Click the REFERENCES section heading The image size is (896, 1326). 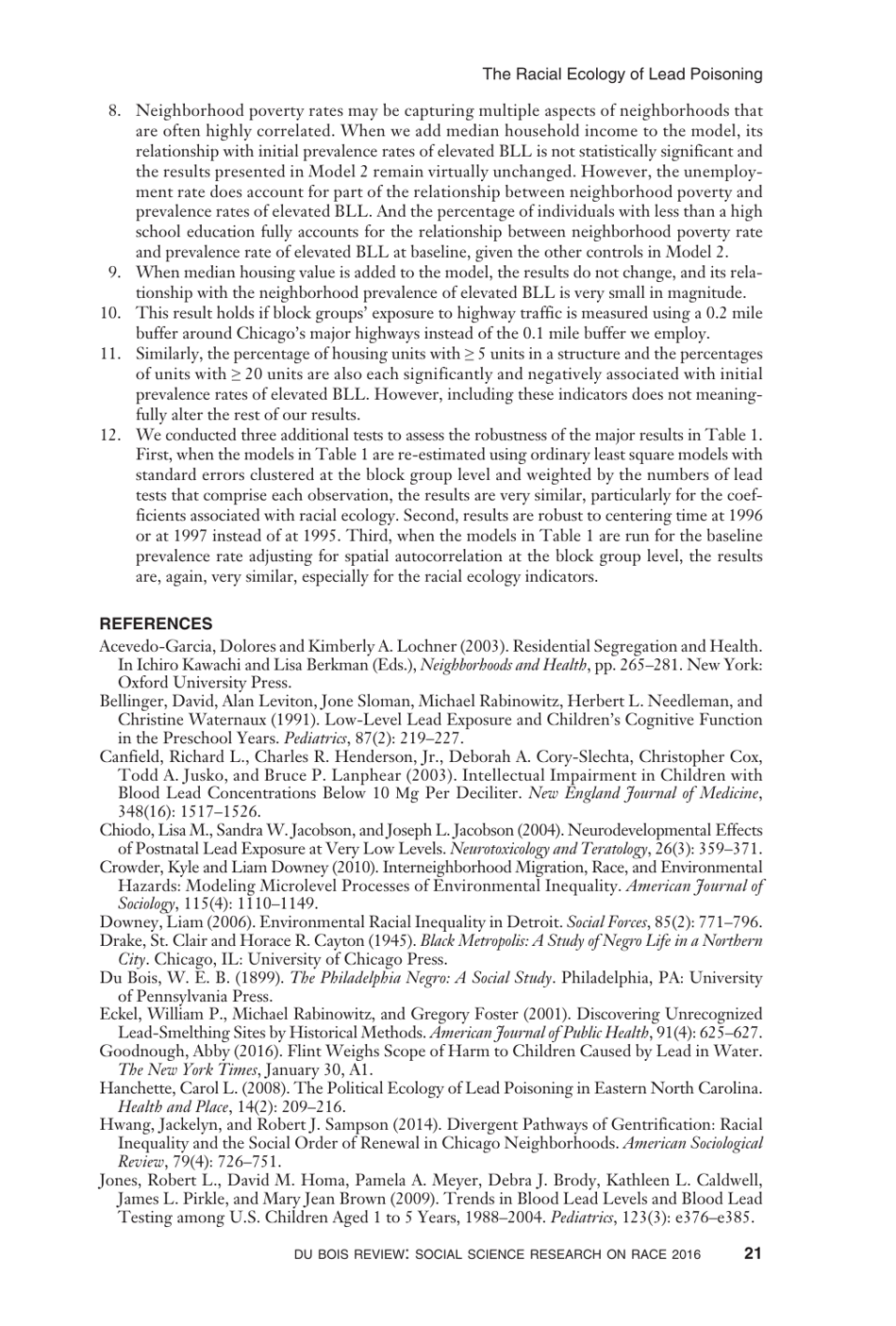[x=156, y=623]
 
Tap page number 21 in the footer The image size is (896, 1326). [x=753, y=1254]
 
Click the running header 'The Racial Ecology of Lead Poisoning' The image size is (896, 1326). [x=622, y=75]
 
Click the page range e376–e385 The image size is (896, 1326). [x=708, y=1218]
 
